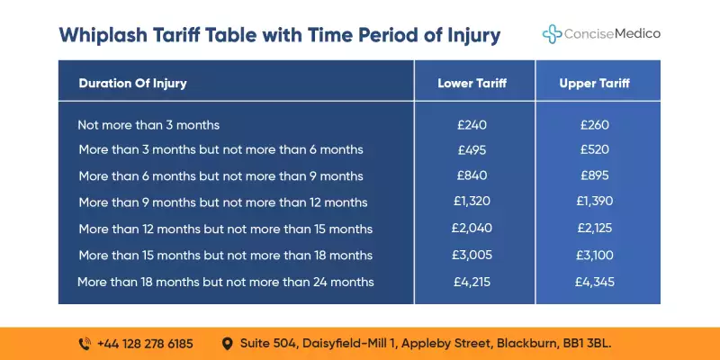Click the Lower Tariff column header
click(x=472, y=84)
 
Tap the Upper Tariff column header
click(x=595, y=84)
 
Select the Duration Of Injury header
click(x=132, y=84)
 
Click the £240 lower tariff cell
click(x=472, y=125)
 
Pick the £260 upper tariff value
click(x=595, y=125)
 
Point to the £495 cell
click(x=472, y=149)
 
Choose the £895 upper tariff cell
click(x=595, y=175)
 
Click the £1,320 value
click(x=472, y=202)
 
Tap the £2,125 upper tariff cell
click(x=595, y=229)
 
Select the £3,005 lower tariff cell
click(x=472, y=256)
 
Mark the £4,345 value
click(x=595, y=282)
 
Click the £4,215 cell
click(x=472, y=282)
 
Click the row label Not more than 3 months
click(x=148, y=125)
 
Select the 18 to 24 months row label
click(x=225, y=282)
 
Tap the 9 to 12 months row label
click(x=222, y=202)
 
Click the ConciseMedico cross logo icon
click(x=552, y=33)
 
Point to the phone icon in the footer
click(x=85, y=343)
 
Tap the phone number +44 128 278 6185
click(x=145, y=343)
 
